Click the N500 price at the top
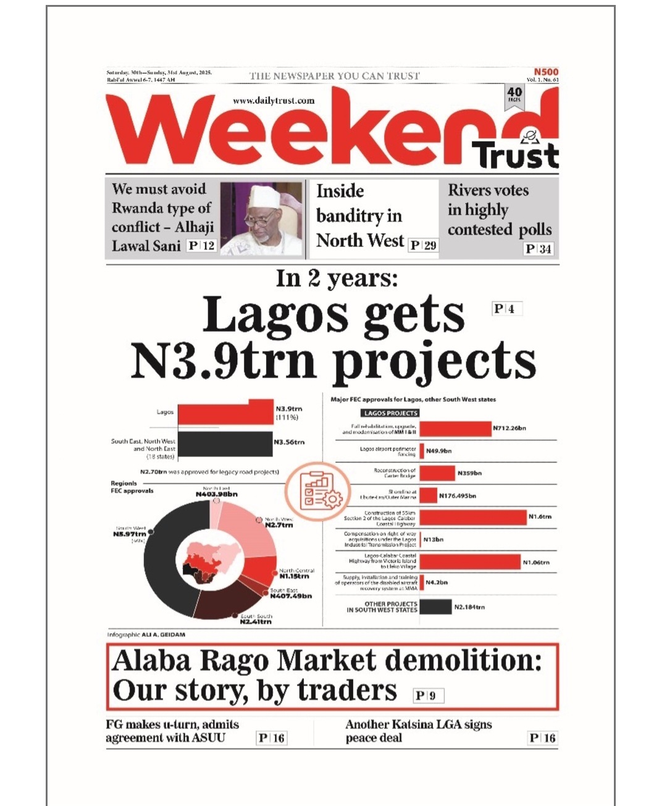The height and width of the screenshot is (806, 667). point(546,72)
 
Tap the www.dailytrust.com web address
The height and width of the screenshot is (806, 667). point(274,100)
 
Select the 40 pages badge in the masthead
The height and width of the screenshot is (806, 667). point(514,94)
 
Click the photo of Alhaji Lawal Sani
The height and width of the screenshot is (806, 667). point(262,219)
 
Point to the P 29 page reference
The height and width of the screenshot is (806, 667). point(423,245)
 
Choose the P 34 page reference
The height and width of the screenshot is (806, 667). point(538,249)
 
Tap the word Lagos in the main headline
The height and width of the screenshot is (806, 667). point(275,316)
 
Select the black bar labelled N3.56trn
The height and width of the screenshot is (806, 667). point(225,443)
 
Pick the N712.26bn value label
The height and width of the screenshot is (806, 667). point(510,428)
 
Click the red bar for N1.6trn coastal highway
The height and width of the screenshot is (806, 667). point(473,518)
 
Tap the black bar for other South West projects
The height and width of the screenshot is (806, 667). point(435,607)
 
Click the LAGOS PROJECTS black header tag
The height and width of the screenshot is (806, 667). point(390,413)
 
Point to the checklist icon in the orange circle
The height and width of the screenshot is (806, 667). point(317,493)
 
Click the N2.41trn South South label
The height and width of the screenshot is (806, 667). point(256,621)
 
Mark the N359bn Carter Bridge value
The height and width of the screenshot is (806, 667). point(469,474)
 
